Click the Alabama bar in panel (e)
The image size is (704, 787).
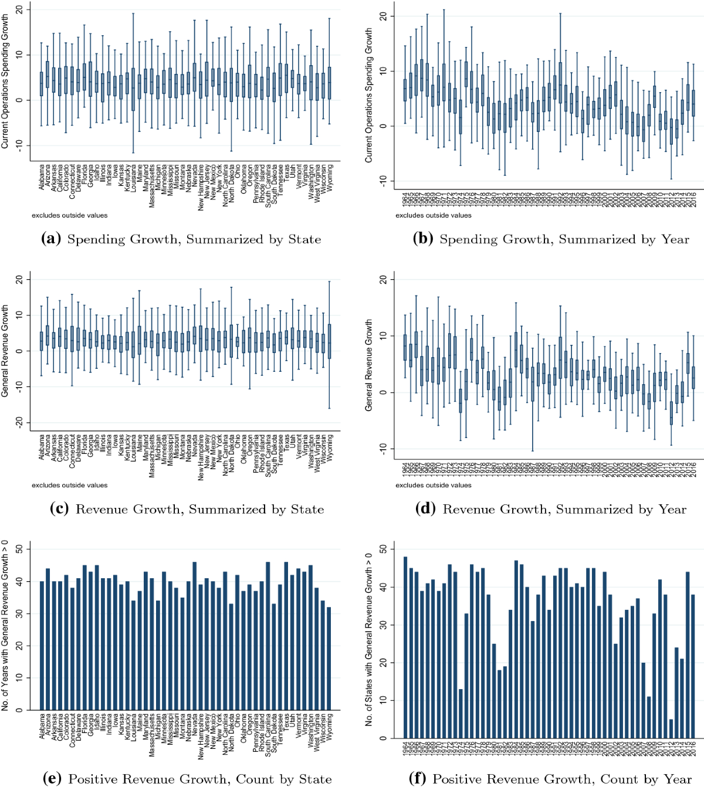(42, 646)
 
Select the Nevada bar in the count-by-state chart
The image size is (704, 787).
(194, 636)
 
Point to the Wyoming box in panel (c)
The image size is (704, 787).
(329, 341)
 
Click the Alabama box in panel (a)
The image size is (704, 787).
(42, 84)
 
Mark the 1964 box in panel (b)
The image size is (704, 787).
(405, 90)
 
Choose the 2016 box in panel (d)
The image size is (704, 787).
(693, 378)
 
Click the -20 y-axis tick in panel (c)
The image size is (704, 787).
(19, 422)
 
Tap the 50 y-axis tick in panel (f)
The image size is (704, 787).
(383, 549)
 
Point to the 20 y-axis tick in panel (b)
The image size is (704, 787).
(383, 16)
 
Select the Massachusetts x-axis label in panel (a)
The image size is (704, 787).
(151, 186)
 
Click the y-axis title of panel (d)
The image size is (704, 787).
(369, 364)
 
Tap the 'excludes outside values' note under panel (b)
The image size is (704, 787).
(433, 215)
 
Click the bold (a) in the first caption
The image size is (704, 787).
(51, 239)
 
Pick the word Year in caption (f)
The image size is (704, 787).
(677, 779)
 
